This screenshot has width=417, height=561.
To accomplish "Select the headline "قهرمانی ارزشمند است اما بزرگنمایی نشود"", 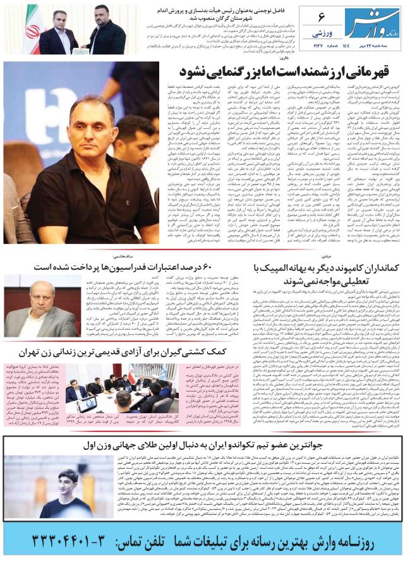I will click(x=286, y=69).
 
